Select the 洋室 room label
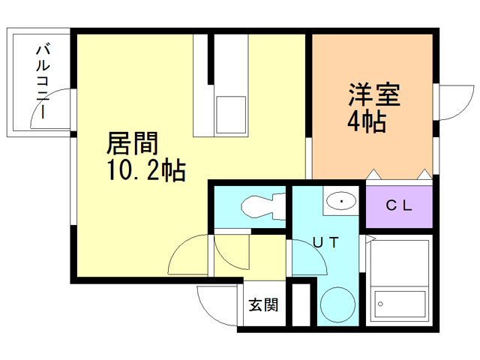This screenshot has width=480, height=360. pyautogui.click(x=373, y=96)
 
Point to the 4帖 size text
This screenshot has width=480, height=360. pyautogui.click(x=366, y=121)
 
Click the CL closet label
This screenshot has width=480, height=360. pyautogui.click(x=398, y=205)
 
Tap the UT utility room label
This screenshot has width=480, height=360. pyautogui.click(x=325, y=241)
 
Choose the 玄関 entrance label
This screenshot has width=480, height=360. pyautogui.click(x=263, y=304)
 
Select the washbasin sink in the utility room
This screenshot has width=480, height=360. pyautogui.click(x=342, y=201)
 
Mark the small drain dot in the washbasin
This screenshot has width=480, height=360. pyautogui.click(x=342, y=201)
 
